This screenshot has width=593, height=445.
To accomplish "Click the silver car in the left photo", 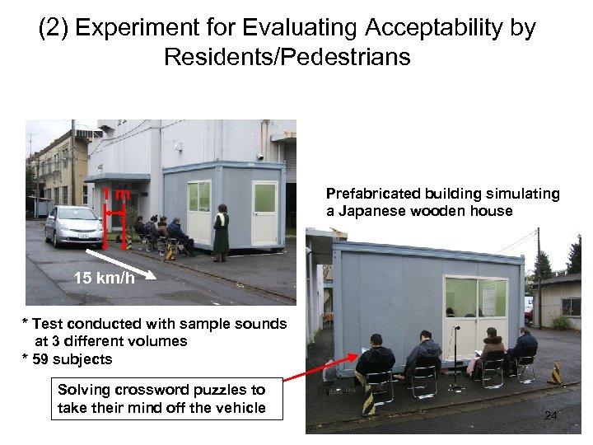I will pos(73,226).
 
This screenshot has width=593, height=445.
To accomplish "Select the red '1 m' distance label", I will pos(119,194).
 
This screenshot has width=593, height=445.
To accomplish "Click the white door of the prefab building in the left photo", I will pos(264,214).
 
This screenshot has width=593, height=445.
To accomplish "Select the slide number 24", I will pos(550,416).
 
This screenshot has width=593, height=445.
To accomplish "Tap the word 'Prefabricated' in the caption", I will pos(371,194).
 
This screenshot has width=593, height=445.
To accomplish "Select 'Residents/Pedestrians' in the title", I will pos(287,58).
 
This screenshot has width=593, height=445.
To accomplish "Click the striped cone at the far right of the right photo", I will pos(556,372).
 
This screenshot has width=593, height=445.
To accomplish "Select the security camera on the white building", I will pos(260,155).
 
